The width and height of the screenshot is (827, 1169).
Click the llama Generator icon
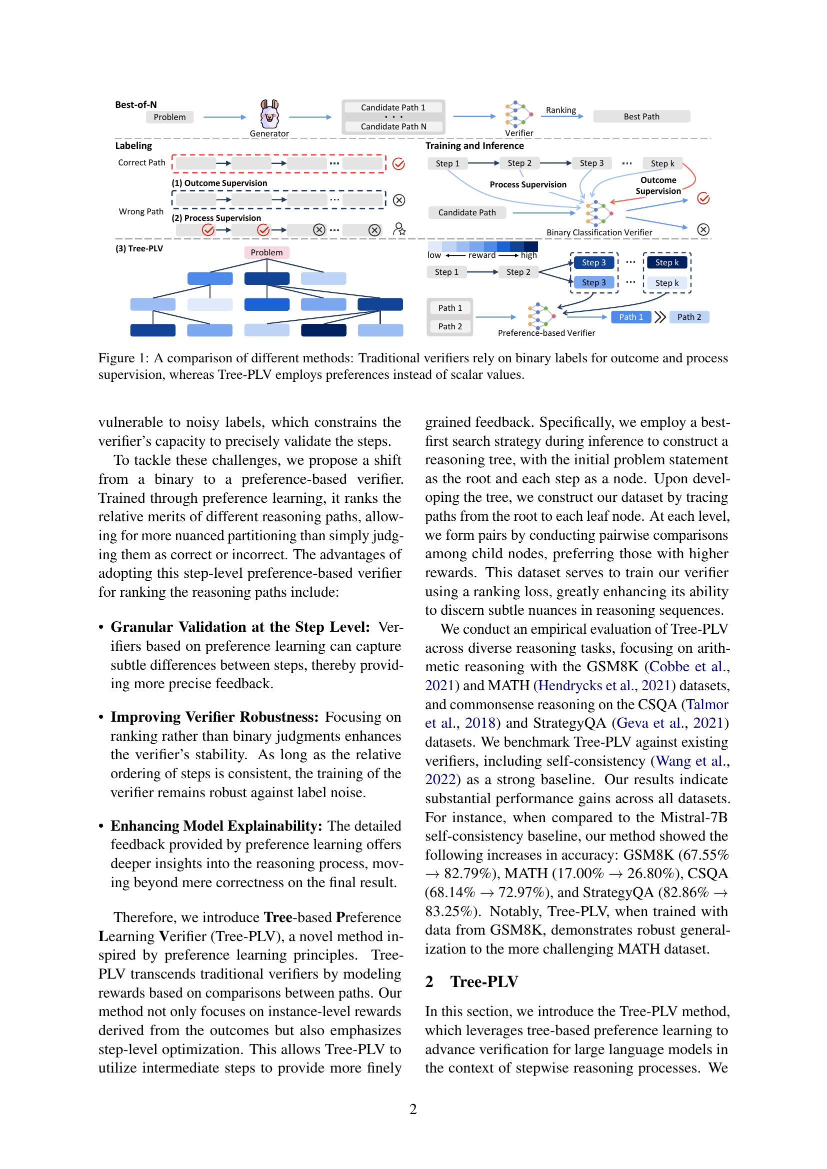pos(269,114)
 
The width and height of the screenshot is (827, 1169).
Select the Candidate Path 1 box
pos(392,107)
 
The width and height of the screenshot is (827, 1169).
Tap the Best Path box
pos(641,116)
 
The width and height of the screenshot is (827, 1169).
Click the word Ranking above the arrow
pos(560,110)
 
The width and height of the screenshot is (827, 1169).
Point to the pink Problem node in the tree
pos(266,252)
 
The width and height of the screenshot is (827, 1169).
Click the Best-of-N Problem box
pos(169,117)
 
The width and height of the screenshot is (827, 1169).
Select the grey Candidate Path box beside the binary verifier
pos(466,212)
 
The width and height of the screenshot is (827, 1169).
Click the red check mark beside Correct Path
pos(398,164)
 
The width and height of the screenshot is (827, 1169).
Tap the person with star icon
pos(399,229)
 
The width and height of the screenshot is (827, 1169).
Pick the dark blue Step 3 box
pos(594,263)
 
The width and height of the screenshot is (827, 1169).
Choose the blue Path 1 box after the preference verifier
pos(630,317)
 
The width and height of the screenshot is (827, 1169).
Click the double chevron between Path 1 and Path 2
pos(660,317)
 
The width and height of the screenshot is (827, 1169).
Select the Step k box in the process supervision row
pos(662,163)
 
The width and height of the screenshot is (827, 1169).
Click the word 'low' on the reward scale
pos(434,255)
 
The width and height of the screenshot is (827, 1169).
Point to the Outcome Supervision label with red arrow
pos(658,185)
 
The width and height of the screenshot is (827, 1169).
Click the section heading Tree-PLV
pos(484,982)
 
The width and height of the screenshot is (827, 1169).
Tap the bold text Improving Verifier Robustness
pos(214,717)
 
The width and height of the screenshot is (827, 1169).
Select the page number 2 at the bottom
pos(413,1109)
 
